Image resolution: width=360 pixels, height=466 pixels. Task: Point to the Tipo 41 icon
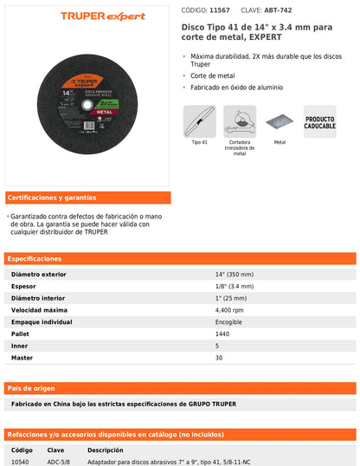tap(200, 120)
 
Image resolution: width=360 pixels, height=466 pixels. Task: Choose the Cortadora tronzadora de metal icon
tap(240, 120)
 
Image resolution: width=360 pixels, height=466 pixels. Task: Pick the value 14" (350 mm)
tap(235, 274)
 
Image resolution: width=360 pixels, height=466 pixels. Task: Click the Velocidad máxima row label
tap(39, 309)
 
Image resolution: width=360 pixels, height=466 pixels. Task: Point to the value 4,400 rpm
tap(230, 309)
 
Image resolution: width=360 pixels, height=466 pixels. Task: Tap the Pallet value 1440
tap(223, 333)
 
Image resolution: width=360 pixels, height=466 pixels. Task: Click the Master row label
tap(22, 358)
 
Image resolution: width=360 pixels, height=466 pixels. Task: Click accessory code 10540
tap(22, 463)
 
